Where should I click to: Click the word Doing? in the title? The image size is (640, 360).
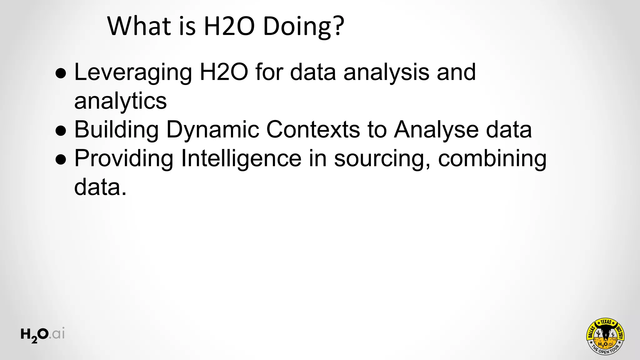coord(303,26)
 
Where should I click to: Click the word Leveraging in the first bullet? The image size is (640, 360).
coord(133,72)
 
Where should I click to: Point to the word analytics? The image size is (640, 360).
coord(120,101)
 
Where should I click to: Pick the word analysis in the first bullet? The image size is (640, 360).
coord(386,72)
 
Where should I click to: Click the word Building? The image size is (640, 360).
coord(116,130)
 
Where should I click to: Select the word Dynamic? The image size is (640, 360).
coord(212,130)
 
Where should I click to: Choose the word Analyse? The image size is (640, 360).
coord(436,130)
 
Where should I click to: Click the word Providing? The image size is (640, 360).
coord(124,158)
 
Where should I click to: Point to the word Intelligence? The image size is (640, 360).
coord(241,158)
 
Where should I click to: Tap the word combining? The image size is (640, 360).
coord(492,158)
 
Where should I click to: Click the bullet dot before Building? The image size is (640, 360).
coord(61,131)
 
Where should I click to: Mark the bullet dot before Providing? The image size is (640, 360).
coord(61,159)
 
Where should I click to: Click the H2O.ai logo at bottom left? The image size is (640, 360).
coord(42,335)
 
